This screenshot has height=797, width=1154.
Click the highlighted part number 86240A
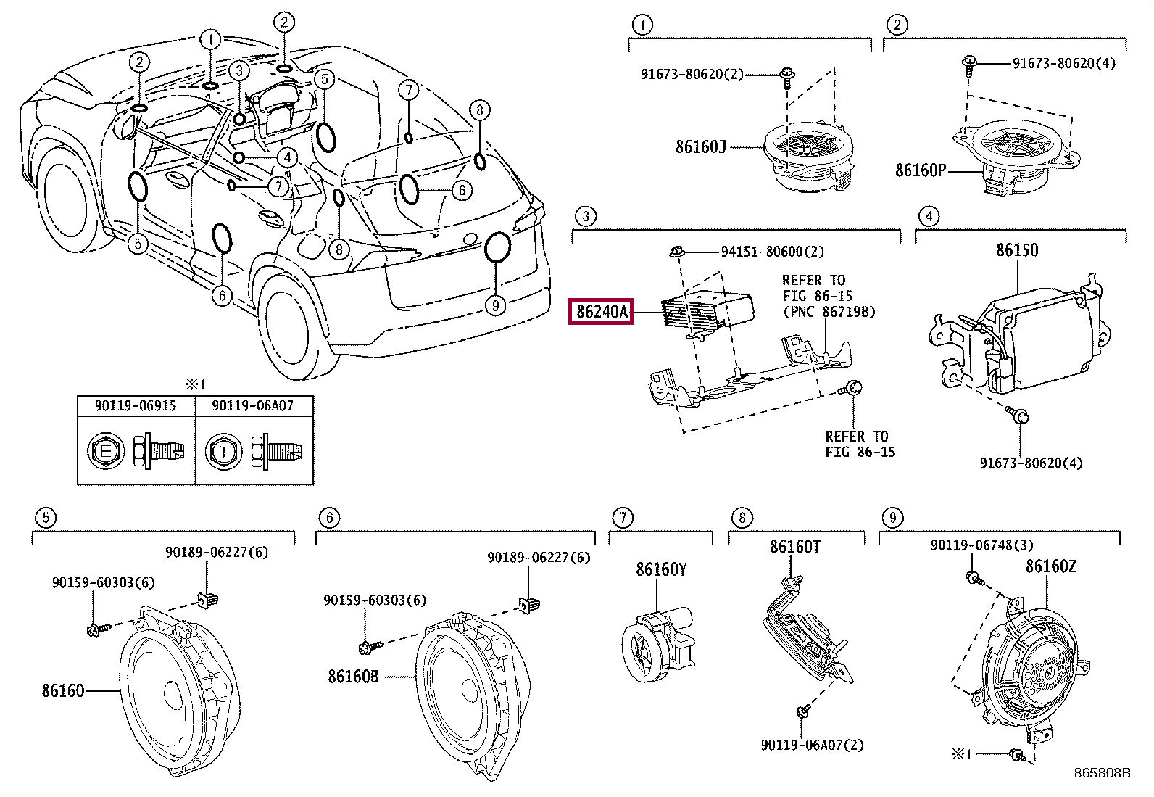tap(601, 312)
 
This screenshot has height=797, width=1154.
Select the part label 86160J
tap(700, 147)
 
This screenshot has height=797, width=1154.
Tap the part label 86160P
tap(920, 170)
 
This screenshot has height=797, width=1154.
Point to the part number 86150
tap(1016, 250)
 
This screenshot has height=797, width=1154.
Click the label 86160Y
tap(660, 570)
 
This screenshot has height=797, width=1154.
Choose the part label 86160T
tap(794, 547)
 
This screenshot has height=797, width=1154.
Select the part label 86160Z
tap(1050, 566)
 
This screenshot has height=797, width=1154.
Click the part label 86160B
tap(353, 677)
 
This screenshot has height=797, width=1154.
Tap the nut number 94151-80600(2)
tap(772, 252)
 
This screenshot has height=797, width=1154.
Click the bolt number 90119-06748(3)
tap(981, 545)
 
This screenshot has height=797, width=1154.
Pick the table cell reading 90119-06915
tap(136, 406)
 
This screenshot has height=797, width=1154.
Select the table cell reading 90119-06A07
tap(253, 406)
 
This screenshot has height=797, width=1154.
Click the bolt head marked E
tap(105, 452)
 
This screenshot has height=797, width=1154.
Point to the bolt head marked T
tap(223, 452)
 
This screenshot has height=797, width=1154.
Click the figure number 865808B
tap(1102, 773)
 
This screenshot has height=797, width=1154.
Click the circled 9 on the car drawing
tap(495, 305)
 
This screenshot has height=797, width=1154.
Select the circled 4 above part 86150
tap(929, 216)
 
